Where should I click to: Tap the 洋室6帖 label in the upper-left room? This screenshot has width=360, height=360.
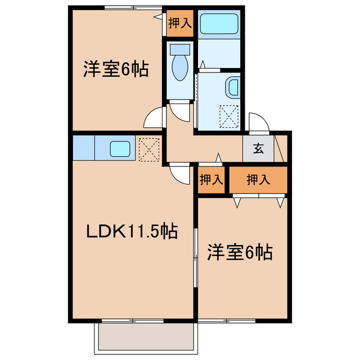[x=116, y=70]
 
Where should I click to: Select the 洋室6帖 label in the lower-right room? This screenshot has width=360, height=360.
[x=240, y=251]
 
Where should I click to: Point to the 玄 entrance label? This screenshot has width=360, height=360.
[x=258, y=150]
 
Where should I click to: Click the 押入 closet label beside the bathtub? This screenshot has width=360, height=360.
[x=180, y=23]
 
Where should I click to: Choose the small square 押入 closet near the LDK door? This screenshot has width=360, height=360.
[x=211, y=180]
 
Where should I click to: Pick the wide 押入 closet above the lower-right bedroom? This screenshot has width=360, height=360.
[x=258, y=180]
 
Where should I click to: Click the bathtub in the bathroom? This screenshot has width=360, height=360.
[x=219, y=24]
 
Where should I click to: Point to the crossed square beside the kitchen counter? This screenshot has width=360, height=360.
[x=150, y=148]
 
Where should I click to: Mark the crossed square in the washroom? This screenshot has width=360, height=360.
[x=228, y=117]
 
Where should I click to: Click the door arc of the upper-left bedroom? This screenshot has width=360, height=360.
[x=153, y=119]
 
